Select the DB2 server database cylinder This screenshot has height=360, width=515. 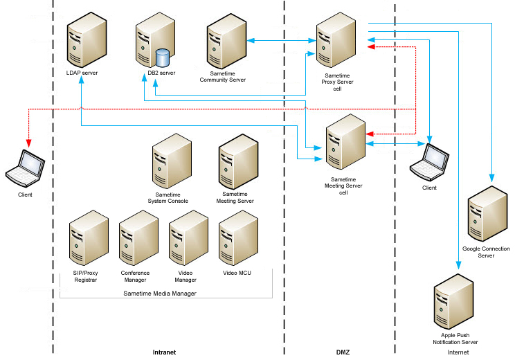163,56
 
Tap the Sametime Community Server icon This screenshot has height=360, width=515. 226,45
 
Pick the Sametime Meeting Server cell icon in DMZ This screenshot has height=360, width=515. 345,141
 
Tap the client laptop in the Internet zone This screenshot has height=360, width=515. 429,161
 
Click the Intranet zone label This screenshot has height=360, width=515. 164,352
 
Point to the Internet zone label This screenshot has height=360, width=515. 458,352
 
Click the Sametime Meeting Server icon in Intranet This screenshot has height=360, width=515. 238,163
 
